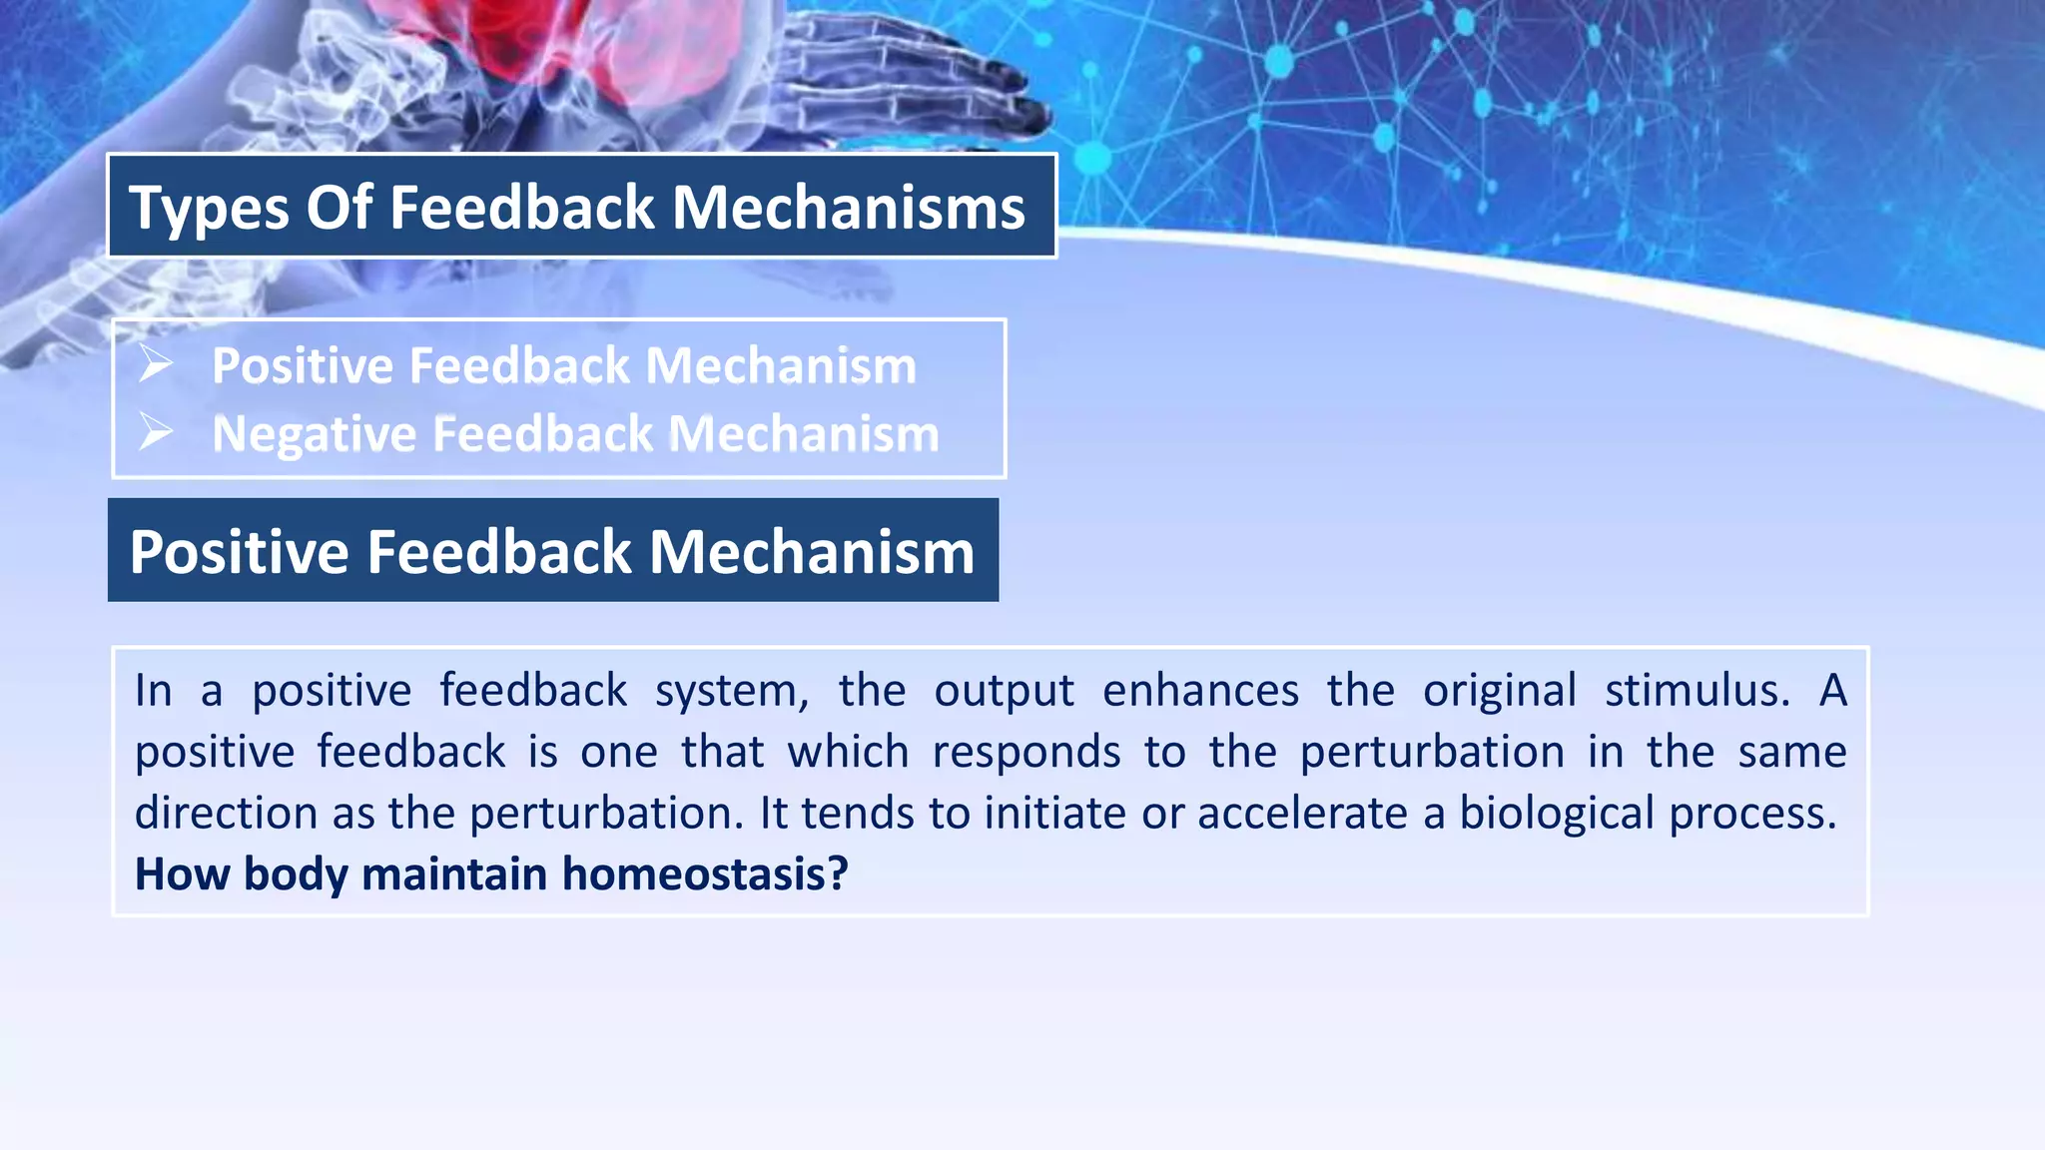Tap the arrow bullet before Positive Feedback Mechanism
pyautogui.click(x=156, y=363)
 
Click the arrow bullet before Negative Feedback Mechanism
pyautogui.click(x=156, y=431)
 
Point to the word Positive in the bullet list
pyautogui.click(x=303, y=365)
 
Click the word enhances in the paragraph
pyautogui.click(x=1200, y=690)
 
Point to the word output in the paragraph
pyautogui.click(x=1004, y=690)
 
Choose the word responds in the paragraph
pyautogui.click(x=1026, y=752)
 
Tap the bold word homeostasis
pyautogui.click(x=705, y=874)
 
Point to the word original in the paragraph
pyautogui.click(x=1499, y=690)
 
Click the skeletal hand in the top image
pyautogui.click(x=899, y=80)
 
